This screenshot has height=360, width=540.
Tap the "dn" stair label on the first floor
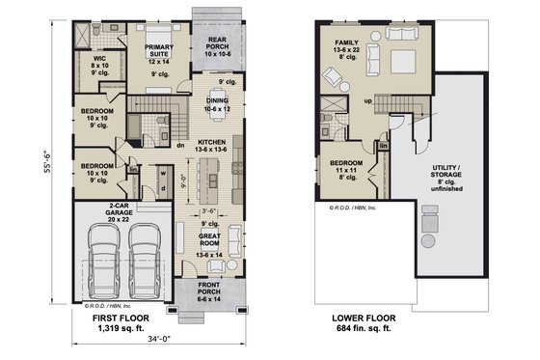pyautogui.click(x=180, y=146)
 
